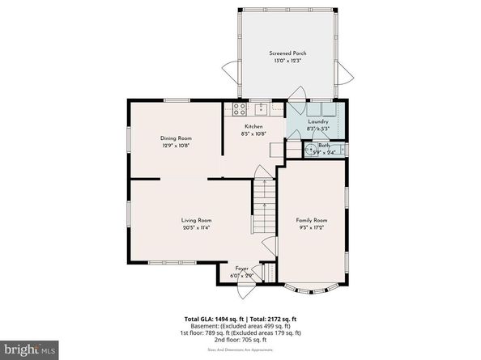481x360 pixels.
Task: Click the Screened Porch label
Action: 288,53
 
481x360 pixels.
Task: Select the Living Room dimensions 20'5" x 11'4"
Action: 196,227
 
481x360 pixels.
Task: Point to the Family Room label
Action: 311,220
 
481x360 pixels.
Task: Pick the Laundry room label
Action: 317,121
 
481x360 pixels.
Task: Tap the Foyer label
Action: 241,269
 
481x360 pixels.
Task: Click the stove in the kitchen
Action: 240,108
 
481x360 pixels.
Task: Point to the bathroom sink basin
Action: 309,149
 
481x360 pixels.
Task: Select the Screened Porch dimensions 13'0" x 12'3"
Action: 288,61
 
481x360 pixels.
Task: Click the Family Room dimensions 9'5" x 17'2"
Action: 311,227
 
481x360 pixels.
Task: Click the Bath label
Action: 324,146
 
